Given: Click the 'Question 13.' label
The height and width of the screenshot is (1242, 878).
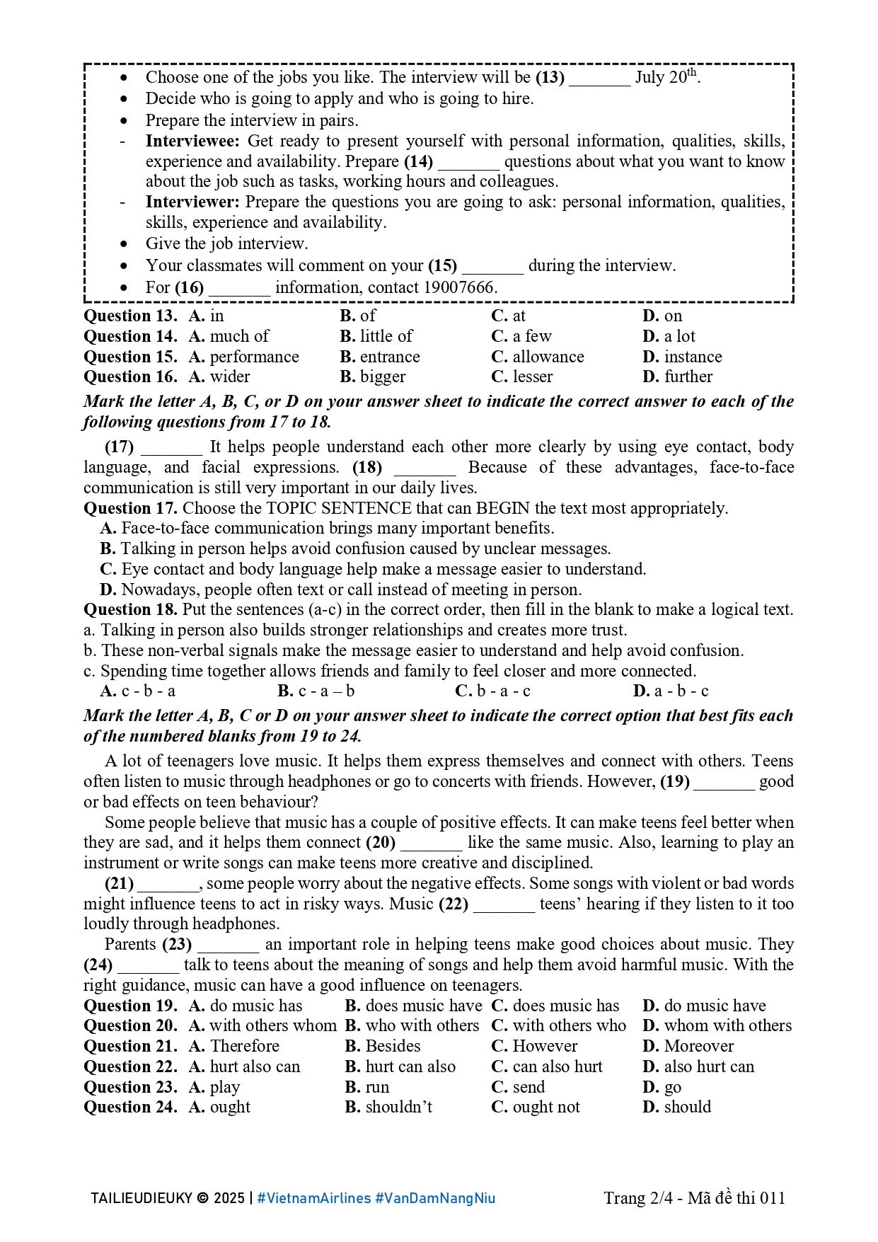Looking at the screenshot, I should coord(130,316).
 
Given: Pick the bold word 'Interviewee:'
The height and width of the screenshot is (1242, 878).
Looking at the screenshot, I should coord(192,141).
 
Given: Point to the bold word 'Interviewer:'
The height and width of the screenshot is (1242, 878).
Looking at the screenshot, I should coord(192,202).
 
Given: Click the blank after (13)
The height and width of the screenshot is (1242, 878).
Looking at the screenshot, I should coord(599,78).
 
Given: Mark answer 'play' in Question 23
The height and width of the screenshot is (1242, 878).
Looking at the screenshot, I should coord(224,1087).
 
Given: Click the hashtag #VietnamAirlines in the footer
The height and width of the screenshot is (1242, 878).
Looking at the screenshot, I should coord(313,1198).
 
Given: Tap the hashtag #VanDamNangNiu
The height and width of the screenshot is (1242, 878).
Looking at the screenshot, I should coord(435,1198).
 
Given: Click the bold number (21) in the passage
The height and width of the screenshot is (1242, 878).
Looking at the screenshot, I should coord(119,883).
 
